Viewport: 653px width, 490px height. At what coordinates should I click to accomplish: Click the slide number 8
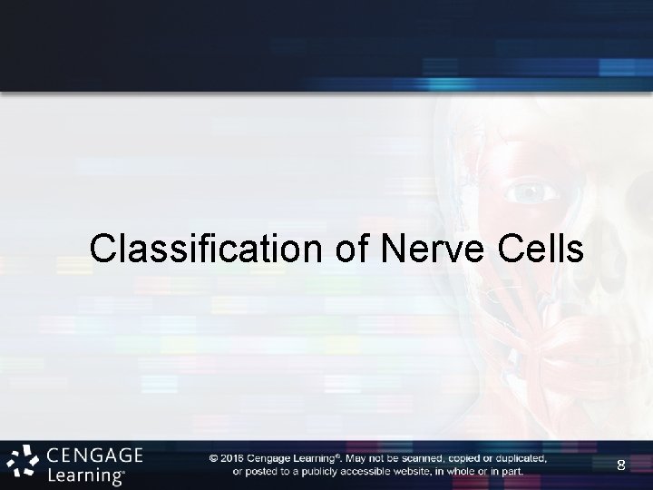tap(620, 465)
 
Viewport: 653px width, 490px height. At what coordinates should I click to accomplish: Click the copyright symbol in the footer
tap(213, 458)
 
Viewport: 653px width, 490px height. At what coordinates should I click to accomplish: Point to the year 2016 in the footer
tap(232, 458)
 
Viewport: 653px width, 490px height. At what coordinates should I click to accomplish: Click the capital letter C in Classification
tap(102, 248)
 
